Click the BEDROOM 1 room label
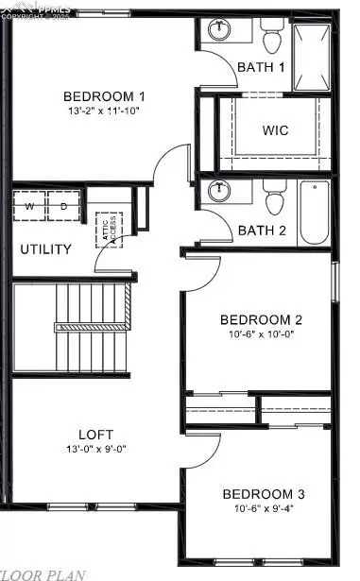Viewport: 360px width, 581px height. pyautogui.click(x=104, y=96)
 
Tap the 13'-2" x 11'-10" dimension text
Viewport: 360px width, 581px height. pyautogui.click(x=104, y=111)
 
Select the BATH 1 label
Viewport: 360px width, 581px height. pyautogui.click(x=260, y=67)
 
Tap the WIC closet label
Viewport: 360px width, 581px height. pyautogui.click(x=275, y=130)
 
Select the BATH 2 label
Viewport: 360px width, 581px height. pyautogui.click(x=261, y=230)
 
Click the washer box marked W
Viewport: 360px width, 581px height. pyautogui.click(x=28, y=206)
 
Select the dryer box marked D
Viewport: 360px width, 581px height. pyautogui.click(x=64, y=206)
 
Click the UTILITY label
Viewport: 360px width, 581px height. pyautogui.click(x=45, y=249)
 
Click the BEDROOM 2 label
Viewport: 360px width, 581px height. pyautogui.click(x=261, y=319)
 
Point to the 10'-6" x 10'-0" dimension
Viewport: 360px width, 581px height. pyautogui.click(x=261, y=333)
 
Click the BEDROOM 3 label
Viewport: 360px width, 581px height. pyautogui.click(x=263, y=494)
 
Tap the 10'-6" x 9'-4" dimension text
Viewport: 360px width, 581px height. pyautogui.click(x=263, y=508)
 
